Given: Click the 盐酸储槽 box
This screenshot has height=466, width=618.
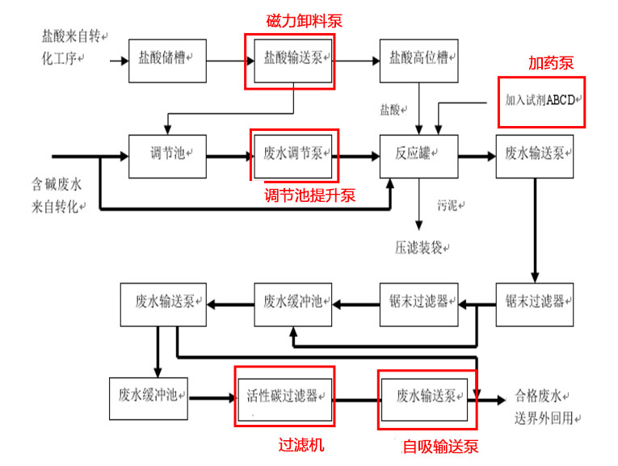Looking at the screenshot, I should click(167, 61).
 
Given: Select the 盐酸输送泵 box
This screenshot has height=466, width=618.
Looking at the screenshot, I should click(293, 61).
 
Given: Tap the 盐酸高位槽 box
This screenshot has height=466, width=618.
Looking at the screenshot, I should click(419, 61).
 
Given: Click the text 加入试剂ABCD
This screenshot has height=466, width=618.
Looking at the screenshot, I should click(540, 101).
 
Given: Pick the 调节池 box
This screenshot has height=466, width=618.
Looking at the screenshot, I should click(167, 153).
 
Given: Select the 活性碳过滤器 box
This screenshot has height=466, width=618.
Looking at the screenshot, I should click(285, 397).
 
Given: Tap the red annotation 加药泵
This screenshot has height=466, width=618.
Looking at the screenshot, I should click(551, 63).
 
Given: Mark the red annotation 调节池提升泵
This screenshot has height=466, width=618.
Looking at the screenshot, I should click(310, 195).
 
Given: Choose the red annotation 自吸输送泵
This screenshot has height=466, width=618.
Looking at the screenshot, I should click(440, 447).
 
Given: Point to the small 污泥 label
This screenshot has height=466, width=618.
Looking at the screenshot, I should click(449, 205).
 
